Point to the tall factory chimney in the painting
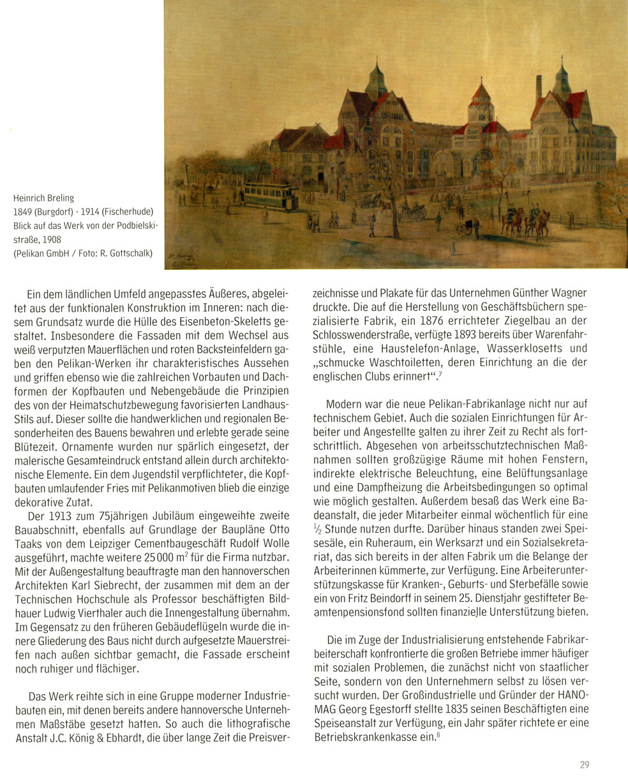pos(538,89)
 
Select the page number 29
pos(585,764)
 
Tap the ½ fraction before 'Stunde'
pos(317,528)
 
